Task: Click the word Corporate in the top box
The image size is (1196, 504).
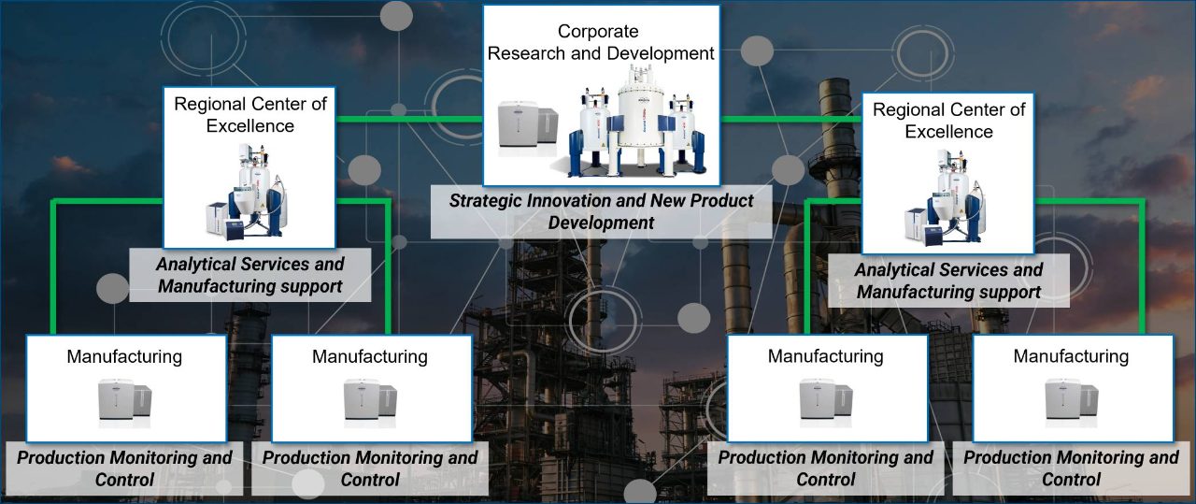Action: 598,32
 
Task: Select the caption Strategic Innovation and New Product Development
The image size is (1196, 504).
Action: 601,211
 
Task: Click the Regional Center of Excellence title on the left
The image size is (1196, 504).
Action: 249,114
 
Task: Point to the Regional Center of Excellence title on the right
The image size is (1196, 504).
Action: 948,121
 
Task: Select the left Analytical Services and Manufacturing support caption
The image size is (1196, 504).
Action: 250,276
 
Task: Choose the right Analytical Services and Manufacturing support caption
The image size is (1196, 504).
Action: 948,281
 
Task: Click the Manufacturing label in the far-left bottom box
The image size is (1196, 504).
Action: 124,356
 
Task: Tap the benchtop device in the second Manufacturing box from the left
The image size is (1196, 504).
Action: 370,402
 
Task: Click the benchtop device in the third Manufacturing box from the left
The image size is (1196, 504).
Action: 826,402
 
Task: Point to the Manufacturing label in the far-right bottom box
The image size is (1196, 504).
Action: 1071,356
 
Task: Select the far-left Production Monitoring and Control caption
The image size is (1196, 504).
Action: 124,468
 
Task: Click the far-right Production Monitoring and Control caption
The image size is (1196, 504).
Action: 1071,468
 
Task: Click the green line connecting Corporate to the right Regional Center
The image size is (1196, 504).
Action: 790,120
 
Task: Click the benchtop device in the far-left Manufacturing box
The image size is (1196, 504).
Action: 125,402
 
